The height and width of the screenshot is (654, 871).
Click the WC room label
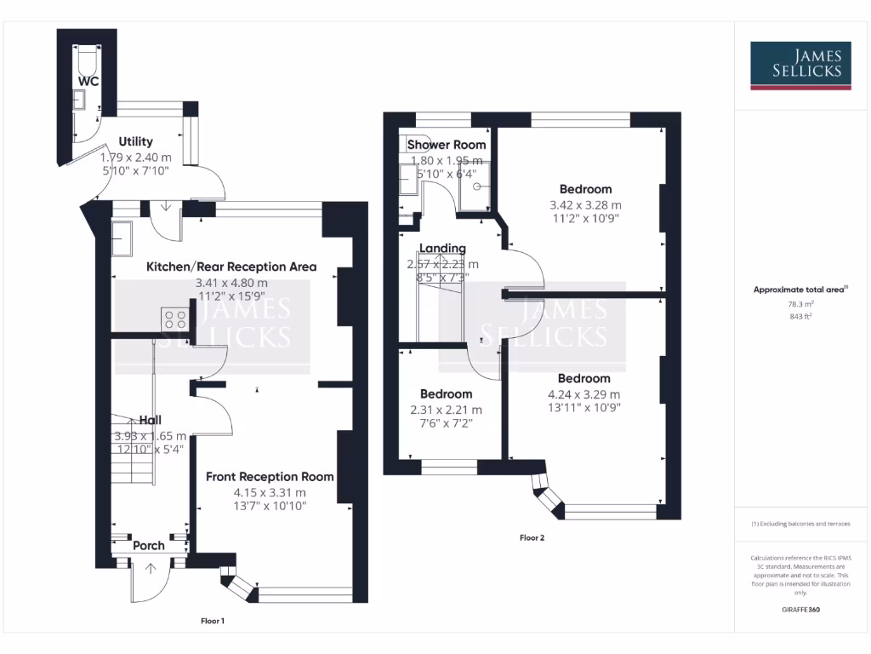[88, 81]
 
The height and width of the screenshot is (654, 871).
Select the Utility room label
[135, 141]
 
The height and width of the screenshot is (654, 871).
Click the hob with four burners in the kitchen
[176, 319]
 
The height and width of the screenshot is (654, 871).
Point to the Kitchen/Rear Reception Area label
[231, 267]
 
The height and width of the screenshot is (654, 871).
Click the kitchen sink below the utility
[122, 238]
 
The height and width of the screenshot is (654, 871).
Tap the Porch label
[149, 545]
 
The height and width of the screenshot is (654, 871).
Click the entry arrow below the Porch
[151, 569]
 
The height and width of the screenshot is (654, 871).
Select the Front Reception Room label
[270, 477]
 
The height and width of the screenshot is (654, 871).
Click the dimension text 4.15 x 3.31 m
[270, 492]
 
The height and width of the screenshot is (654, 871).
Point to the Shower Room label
[447, 145]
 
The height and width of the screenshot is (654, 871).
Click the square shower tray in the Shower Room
[476, 185]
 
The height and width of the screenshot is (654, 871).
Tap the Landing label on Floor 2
[442, 249]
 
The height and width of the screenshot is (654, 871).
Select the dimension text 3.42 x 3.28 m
[585, 205]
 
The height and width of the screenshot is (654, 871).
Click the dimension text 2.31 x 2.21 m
[446, 410]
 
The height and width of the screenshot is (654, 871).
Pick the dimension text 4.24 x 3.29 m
[584, 394]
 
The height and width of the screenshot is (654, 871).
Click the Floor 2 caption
[532, 537]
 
